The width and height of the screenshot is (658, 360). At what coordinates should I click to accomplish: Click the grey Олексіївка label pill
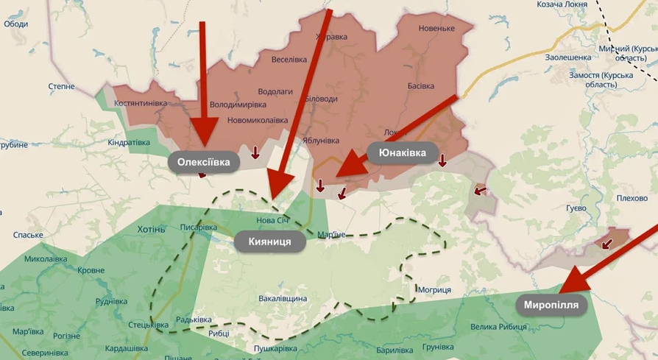coord(204,162)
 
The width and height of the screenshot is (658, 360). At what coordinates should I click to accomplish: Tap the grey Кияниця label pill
coord(269,241)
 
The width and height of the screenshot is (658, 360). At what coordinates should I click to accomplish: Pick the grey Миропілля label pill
coord(551,305)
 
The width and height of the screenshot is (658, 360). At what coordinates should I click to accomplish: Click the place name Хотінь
coord(151,230)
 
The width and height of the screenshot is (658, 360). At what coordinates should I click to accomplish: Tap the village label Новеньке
coord(436,29)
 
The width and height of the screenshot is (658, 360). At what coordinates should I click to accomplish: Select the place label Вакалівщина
coord(283,299)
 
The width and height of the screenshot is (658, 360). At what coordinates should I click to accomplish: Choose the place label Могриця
coord(434,290)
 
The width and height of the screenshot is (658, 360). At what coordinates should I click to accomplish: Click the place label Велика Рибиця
coord(500,327)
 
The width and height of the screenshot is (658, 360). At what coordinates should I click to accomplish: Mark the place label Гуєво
coord(576,208)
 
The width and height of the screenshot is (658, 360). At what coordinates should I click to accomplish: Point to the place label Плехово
coord(632,198)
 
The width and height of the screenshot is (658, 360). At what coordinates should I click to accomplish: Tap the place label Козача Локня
coord(562,4)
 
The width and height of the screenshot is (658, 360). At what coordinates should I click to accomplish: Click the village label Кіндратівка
coord(129,142)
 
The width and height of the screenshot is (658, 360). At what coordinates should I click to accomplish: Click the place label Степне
coord(61,87)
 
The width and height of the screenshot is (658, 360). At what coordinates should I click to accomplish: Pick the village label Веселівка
coord(289,60)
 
